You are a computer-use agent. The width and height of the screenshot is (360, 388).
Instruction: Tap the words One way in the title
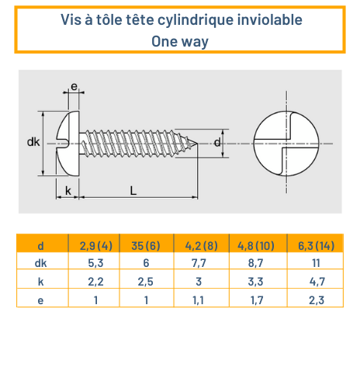[180, 41]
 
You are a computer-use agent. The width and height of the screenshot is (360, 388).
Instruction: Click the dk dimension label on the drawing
[33, 142]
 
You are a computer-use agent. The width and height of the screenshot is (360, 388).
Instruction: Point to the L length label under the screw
[133, 190]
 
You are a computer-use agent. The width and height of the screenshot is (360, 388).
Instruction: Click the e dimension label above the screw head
[74, 87]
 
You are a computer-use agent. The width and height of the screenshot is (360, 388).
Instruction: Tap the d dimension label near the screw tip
[218, 142]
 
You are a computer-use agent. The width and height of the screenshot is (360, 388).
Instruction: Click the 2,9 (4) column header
[96, 246]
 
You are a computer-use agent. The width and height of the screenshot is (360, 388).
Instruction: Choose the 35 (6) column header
[145, 246]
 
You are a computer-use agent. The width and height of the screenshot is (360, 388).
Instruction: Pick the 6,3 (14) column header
[316, 246]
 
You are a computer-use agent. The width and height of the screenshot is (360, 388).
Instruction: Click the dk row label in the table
[40, 263]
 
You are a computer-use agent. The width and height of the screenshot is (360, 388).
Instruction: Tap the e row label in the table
[40, 298]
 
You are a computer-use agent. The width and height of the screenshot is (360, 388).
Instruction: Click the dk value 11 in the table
[316, 263]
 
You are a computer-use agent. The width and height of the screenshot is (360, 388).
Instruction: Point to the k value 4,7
[316, 281]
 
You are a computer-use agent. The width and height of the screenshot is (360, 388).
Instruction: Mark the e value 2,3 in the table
[316, 298]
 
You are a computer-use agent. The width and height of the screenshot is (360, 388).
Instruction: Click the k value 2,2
[96, 281]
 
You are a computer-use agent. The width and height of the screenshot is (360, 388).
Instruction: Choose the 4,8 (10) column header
[258, 246]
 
